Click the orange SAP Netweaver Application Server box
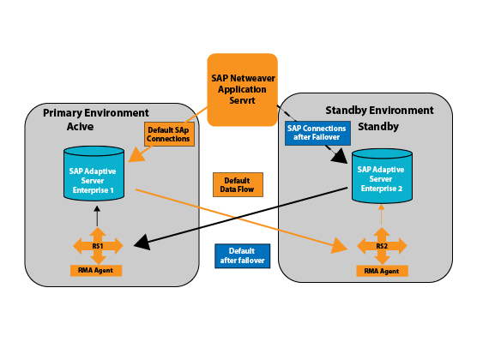(242, 90)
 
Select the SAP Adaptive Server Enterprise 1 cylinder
(94, 173)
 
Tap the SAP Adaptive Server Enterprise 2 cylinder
(382, 176)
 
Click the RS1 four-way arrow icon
(98, 246)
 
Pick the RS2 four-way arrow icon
(382, 246)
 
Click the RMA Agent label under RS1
(96, 271)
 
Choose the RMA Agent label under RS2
(382, 271)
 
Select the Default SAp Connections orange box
(169, 134)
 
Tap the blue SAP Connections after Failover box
(317, 133)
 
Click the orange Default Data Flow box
(238, 185)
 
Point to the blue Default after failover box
(242, 256)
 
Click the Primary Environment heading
(96, 113)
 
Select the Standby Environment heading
(379, 111)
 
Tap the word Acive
(80, 127)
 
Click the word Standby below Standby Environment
(378, 127)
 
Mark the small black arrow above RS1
(97, 216)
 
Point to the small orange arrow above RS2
(381, 214)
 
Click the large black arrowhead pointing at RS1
(142, 243)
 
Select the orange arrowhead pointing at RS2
(339, 246)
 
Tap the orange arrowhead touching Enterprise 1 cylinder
(136, 155)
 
